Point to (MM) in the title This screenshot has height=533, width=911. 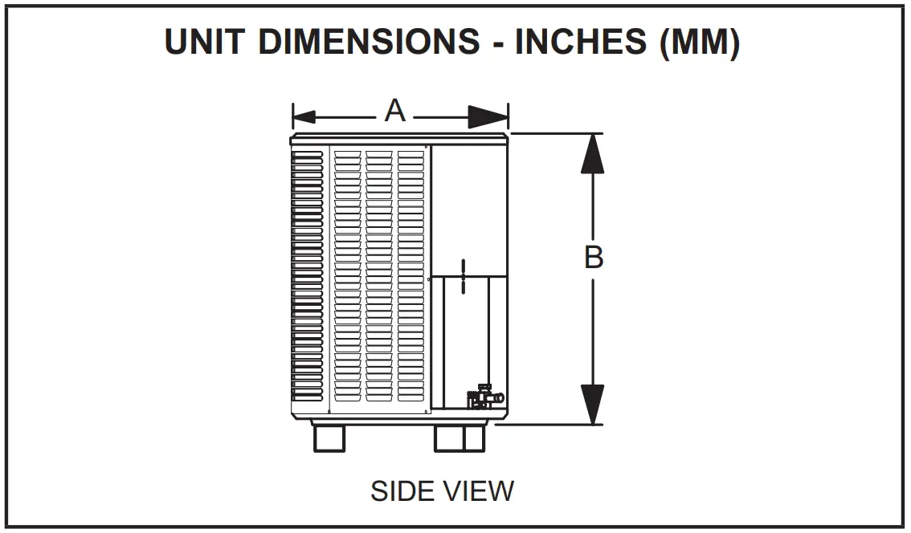point(697,43)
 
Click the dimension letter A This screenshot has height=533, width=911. point(394,111)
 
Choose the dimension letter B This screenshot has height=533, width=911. point(593,258)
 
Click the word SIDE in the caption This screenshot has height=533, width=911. point(402,490)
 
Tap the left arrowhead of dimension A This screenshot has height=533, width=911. point(304,116)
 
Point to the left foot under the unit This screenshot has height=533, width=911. point(329,438)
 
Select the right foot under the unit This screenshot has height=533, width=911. point(460,438)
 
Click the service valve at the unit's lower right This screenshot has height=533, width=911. point(484,398)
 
